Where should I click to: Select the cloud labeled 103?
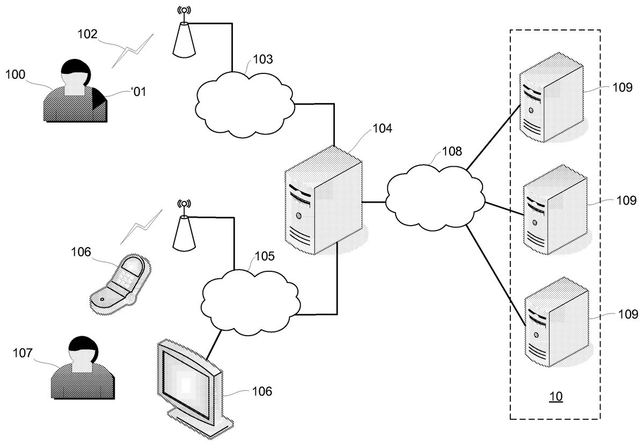pos(244,103)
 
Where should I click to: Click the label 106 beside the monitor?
pos(262,391)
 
